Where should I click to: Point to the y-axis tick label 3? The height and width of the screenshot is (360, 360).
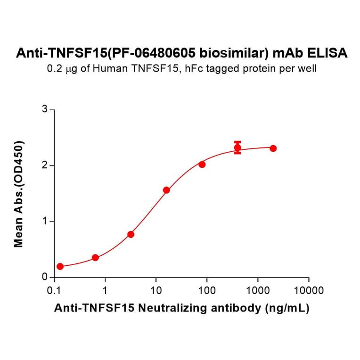(45, 110)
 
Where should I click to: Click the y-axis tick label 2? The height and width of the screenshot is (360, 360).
(45, 165)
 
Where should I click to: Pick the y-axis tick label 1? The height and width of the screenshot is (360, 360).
(45, 221)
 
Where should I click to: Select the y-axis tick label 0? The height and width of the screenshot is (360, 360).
(45, 277)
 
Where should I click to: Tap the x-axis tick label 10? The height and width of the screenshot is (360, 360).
(156, 290)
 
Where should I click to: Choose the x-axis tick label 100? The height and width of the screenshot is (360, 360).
(207, 290)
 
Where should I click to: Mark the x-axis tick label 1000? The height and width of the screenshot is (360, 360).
(258, 290)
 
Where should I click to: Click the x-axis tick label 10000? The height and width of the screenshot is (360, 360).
(309, 290)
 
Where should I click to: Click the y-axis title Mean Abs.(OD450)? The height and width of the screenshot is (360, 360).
(19, 194)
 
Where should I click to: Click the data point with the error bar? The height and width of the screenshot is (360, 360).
(237, 148)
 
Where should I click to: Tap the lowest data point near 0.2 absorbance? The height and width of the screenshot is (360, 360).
(60, 266)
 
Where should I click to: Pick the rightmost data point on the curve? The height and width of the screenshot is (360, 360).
(273, 148)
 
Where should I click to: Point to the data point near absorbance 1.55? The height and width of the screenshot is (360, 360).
(166, 190)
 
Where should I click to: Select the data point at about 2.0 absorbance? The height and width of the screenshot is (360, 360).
(202, 164)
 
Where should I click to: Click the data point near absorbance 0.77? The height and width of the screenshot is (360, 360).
(131, 234)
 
